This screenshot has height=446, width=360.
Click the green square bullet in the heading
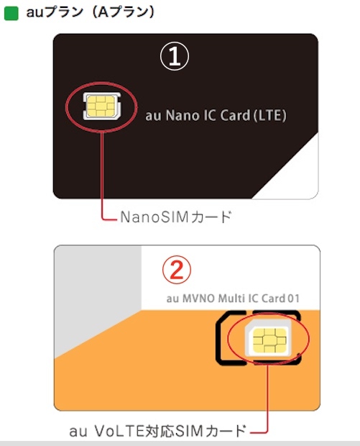[11, 14]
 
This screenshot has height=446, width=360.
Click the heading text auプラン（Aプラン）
[91, 12]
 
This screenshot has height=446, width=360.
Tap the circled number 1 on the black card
[175, 56]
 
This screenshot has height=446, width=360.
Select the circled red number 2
[177, 270]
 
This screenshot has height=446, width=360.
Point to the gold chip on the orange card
[269, 340]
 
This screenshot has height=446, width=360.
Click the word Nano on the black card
[183, 116]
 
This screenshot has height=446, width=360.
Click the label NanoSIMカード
[175, 217]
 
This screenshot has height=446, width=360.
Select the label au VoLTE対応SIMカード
[157, 431]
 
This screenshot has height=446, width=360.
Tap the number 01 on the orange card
[293, 299]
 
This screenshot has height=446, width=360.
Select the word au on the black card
[154, 117]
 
